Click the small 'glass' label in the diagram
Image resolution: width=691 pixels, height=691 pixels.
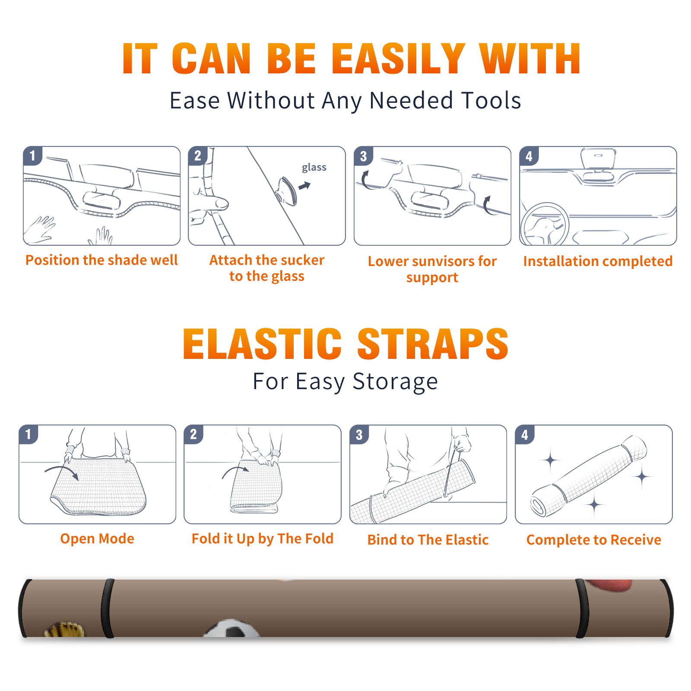click(x=314, y=168)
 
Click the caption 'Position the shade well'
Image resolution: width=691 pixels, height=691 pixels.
click(x=101, y=260)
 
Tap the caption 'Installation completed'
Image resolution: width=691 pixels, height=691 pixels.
click(x=598, y=261)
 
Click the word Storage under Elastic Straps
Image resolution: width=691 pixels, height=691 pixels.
click(x=395, y=382)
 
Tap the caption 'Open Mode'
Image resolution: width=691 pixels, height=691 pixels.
click(x=97, y=539)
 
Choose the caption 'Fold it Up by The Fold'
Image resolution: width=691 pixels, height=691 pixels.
click(x=263, y=539)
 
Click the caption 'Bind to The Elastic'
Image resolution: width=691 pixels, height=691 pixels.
click(x=428, y=540)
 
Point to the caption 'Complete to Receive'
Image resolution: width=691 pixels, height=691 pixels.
click(x=594, y=540)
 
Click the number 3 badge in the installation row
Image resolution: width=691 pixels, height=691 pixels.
click(x=363, y=156)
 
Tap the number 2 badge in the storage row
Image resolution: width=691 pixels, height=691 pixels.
click(x=193, y=434)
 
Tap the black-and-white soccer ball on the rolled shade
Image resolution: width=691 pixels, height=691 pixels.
click(x=231, y=629)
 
